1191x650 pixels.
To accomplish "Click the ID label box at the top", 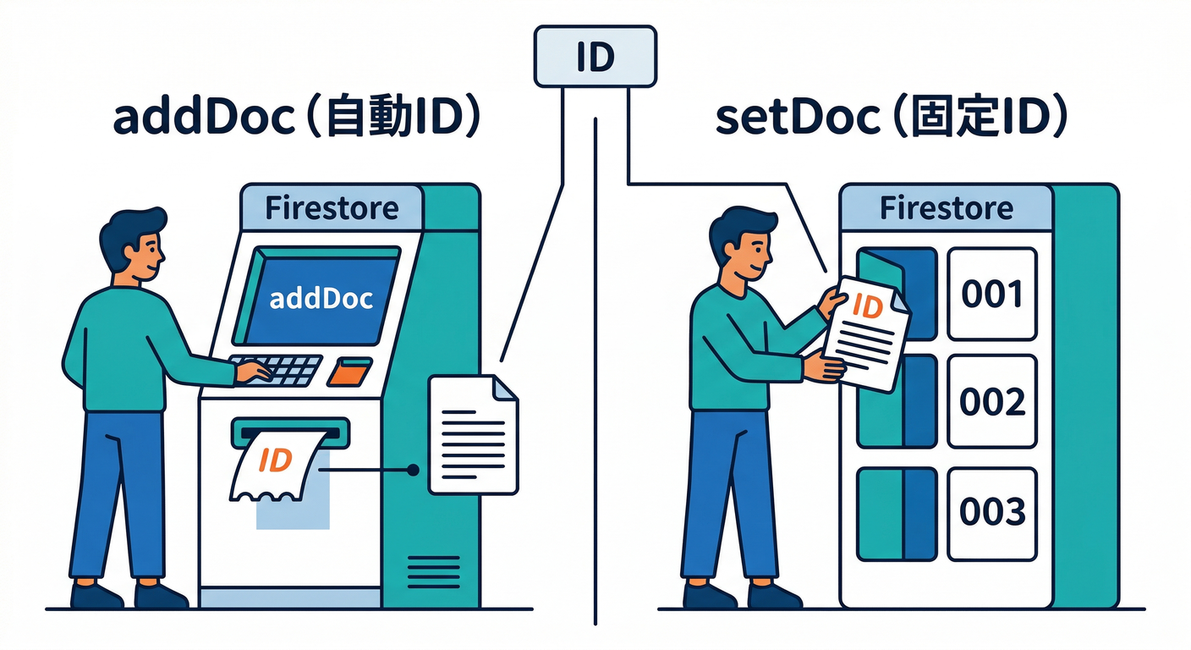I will pos(595,56).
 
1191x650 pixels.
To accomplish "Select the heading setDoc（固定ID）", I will pos(890,119).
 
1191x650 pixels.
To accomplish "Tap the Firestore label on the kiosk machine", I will pos(332,208).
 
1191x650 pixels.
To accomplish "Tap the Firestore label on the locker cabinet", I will pos(946,208).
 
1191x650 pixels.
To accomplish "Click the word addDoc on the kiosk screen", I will pos(321,298).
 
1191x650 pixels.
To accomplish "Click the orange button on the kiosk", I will pos(350,371).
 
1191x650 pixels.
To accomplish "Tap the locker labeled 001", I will pos(991,294).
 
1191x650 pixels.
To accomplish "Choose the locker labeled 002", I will pos(991,401).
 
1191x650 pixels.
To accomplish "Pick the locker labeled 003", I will pos(991,513).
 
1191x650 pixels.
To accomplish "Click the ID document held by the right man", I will pos(867,335).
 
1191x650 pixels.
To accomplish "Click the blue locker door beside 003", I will pos(897,514).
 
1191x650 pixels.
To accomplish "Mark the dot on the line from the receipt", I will pos(413,469).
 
